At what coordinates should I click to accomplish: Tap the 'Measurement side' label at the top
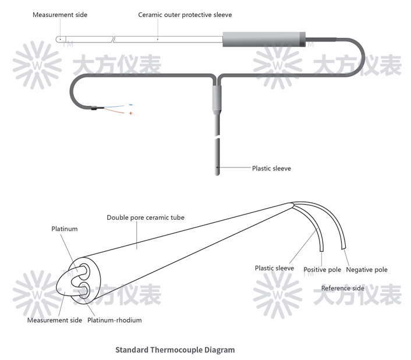pyautogui.click(x=60, y=15)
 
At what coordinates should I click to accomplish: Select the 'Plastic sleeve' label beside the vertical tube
pyautogui.click(x=271, y=169)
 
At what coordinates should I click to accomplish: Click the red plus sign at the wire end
pyautogui.click(x=131, y=113)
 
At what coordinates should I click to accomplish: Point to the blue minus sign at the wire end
pyautogui.click(x=130, y=105)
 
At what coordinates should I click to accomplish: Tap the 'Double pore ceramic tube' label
pyautogui.click(x=146, y=218)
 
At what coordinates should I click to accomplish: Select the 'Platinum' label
pyautogui.click(x=65, y=229)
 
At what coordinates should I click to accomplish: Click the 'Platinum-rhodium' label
pyautogui.click(x=115, y=320)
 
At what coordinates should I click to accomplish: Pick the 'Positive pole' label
pyautogui.click(x=323, y=270)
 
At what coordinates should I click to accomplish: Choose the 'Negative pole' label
pyautogui.click(x=367, y=270)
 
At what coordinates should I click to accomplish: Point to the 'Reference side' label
pyautogui.click(x=343, y=288)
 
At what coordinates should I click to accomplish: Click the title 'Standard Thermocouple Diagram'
pyautogui.click(x=175, y=350)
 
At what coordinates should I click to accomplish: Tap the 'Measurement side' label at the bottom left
pyautogui.click(x=55, y=320)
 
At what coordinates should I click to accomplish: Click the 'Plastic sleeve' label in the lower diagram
pyautogui.click(x=274, y=268)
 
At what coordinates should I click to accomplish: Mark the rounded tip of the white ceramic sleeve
pyautogui.click(x=59, y=39)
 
